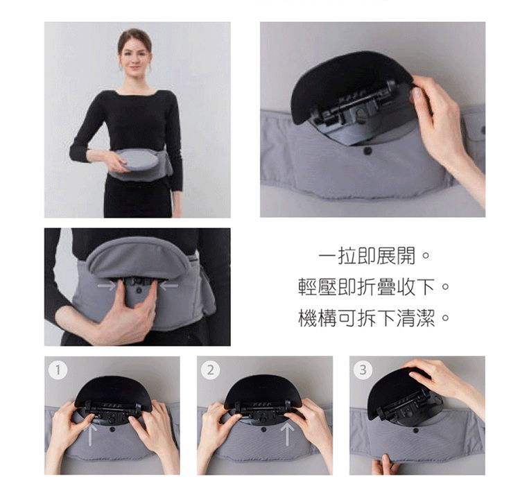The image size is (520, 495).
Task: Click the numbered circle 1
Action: pos(59,370)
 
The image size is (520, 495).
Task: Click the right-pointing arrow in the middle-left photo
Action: pos(106,285)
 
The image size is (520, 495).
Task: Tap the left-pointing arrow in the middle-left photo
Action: pos(168,285)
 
